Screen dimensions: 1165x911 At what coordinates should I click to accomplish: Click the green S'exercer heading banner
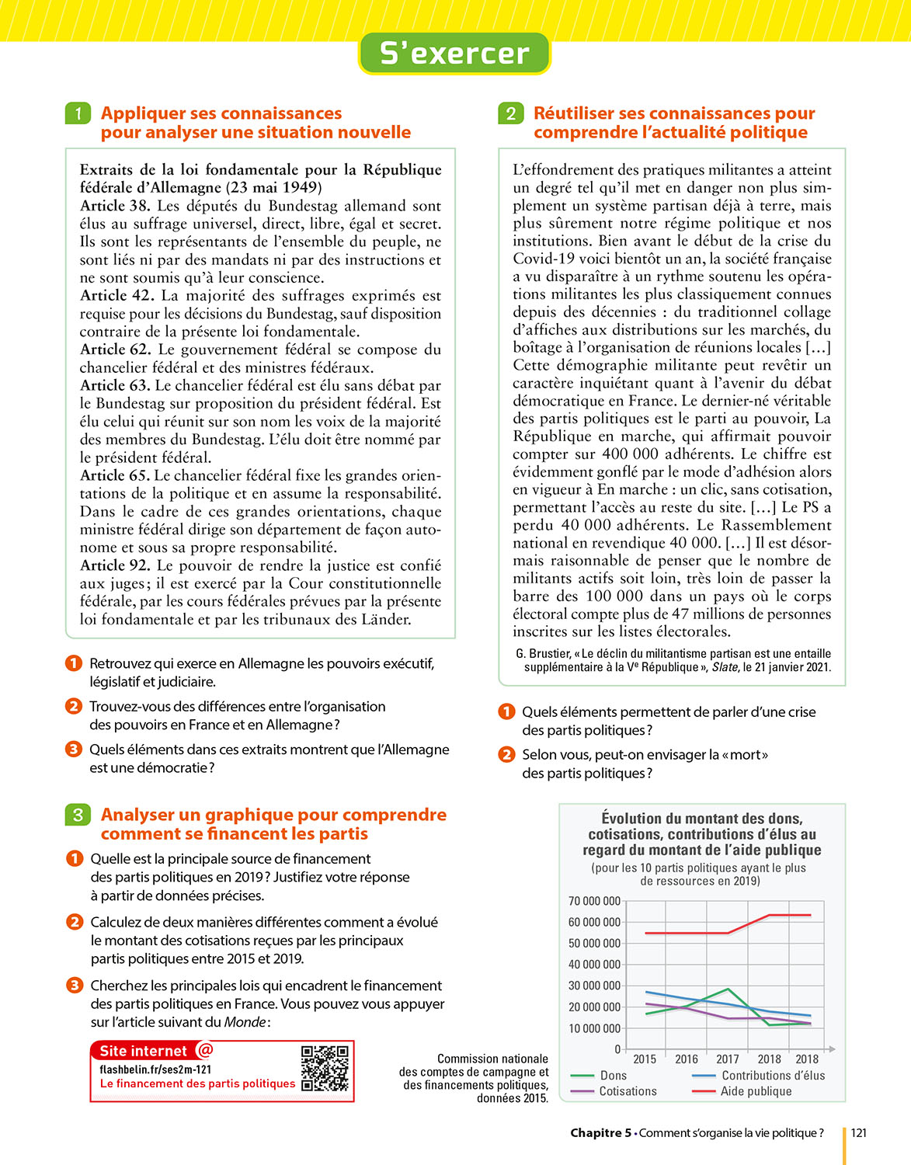454,54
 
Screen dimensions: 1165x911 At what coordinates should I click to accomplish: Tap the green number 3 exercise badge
78,815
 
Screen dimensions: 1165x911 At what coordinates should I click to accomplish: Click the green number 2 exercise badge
510,113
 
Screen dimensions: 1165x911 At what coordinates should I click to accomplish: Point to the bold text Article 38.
115,206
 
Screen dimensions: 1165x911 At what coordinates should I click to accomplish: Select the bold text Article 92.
115,565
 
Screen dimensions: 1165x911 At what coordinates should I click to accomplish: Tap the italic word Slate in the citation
725,667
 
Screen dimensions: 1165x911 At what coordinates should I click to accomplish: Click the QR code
325,1069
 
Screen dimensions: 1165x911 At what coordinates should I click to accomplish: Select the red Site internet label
144,1051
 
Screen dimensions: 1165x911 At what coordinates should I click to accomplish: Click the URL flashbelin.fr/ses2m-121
155,1069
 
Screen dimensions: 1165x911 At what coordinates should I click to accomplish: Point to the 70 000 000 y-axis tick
594,902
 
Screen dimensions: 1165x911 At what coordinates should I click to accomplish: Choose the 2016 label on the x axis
687,1059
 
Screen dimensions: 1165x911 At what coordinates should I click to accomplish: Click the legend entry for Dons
613,1076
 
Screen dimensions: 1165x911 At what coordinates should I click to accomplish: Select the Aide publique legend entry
756,1091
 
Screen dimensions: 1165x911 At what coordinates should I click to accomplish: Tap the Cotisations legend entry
628,1091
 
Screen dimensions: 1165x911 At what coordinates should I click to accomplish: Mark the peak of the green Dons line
728,989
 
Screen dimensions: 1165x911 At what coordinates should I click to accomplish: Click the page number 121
859,1132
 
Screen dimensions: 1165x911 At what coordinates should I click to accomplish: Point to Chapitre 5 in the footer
601,1132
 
